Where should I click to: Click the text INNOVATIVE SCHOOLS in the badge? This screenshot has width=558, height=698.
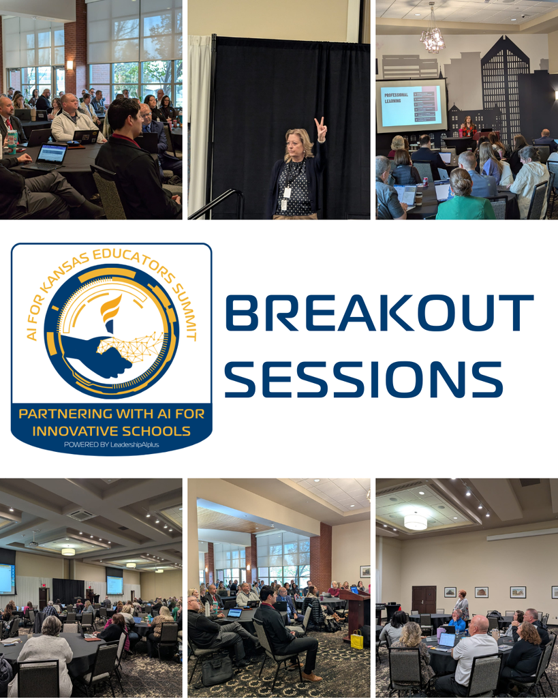[x=111, y=431]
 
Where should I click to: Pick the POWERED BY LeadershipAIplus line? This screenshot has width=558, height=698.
[x=111, y=444]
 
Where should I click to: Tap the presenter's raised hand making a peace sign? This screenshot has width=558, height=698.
[x=320, y=130]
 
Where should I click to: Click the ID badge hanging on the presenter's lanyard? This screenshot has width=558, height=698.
[x=287, y=193]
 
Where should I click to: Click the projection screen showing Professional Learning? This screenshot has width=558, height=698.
[x=412, y=106]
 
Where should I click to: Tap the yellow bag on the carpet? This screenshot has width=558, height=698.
[x=357, y=639]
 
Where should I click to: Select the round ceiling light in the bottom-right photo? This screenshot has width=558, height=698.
[x=415, y=521]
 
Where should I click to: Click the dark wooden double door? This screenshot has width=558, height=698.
[x=424, y=599]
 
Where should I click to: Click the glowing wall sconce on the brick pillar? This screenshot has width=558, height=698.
[x=69, y=65]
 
